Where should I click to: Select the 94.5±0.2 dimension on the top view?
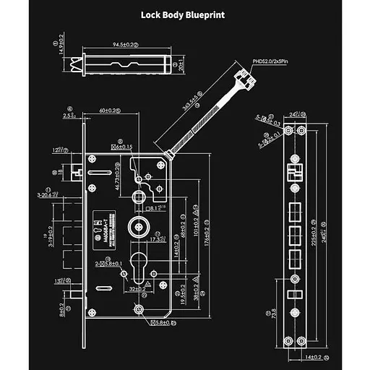coord(129,44)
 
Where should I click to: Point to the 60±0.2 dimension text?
coord(111,111)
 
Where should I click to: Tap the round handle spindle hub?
coord(137,227)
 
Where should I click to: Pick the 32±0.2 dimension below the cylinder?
coord(136,288)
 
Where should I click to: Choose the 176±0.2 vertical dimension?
coord(207,236)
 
